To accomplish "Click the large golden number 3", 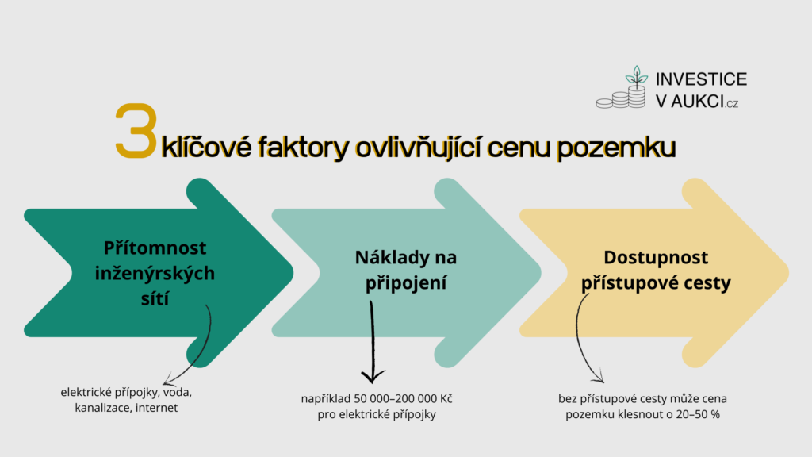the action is [x=136, y=131].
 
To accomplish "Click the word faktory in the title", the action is [x=304, y=147].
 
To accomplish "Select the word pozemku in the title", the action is [x=616, y=148].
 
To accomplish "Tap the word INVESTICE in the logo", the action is [x=701, y=79].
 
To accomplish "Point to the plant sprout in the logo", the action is [x=637, y=76].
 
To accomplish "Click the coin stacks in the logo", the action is [x=621, y=98].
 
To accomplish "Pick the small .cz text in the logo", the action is [x=732, y=104].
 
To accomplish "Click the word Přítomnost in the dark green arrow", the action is [x=155, y=248].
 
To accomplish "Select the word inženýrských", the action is [x=155, y=274].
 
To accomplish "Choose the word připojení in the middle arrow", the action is [x=406, y=283].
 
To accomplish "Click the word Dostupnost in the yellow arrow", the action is [x=656, y=258].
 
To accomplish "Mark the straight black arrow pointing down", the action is [x=373, y=342].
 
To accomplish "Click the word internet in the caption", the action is [x=156, y=408].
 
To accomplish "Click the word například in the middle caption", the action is [x=326, y=400].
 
